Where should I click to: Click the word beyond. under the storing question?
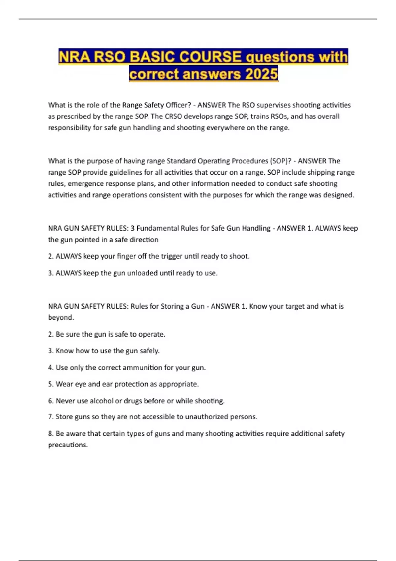(61, 317)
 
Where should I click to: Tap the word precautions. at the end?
(68, 445)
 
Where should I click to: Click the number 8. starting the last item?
(51, 434)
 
